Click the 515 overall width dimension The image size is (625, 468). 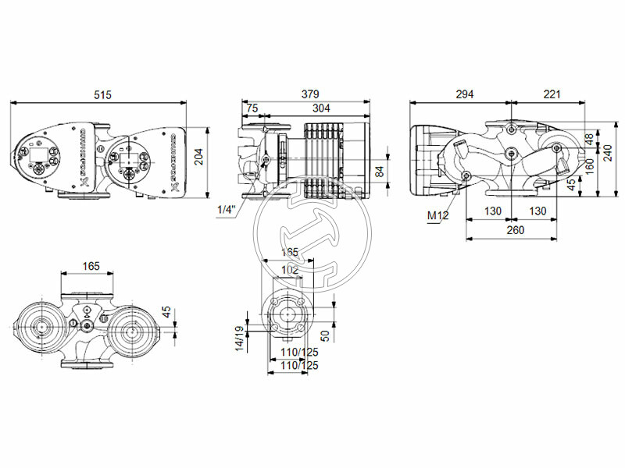click(102, 94)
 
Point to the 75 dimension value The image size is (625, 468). click(252, 108)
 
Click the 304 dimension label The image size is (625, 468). click(321, 108)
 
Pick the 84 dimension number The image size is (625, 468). click(380, 172)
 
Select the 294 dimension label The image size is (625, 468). click(464, 94)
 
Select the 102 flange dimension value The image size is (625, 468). click(289, 270)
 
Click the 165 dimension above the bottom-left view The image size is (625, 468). click(91, 267)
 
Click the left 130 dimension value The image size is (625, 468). click(491, 211)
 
